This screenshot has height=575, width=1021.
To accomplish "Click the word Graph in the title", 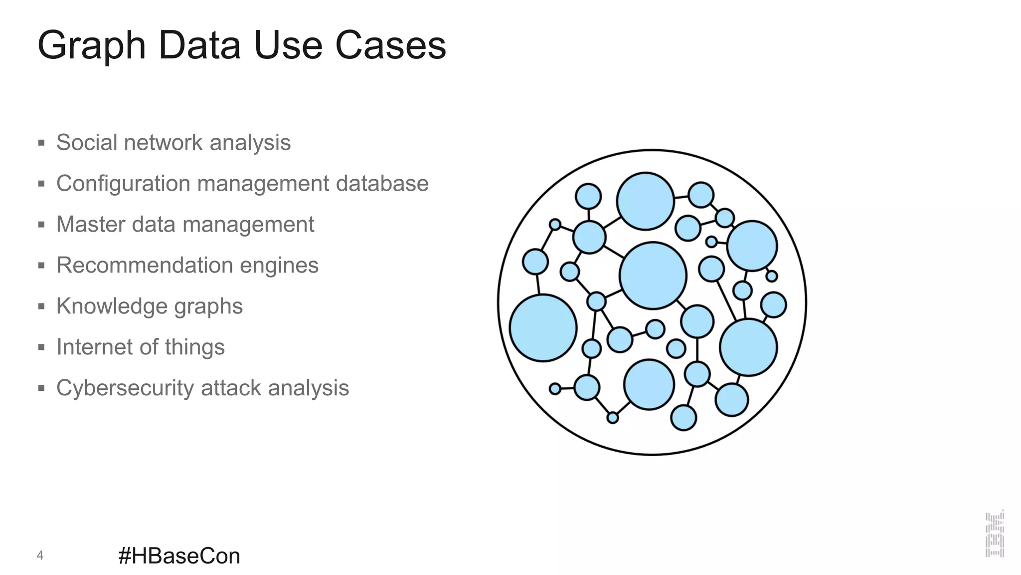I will (91, 46).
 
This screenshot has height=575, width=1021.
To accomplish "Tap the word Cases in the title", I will (390, 45).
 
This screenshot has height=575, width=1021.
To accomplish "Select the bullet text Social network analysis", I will (173, 143).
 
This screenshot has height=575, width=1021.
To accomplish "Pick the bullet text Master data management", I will (185, 225).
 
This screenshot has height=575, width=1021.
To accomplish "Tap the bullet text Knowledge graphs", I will (149, 306).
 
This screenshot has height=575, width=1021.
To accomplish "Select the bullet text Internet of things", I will (140, 347).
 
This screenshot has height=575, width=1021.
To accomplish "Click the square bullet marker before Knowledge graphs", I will (41, 306).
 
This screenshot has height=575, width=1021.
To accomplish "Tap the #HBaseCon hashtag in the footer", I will (179, 556).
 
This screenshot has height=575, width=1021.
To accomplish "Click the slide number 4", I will (40, 555).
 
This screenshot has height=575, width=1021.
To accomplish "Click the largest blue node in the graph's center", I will (653, 276).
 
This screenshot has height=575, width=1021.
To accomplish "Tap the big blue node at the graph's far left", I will (543, 328).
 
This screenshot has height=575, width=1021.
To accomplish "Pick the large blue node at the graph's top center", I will (645, 201).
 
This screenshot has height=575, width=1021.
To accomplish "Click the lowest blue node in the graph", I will (683, 418).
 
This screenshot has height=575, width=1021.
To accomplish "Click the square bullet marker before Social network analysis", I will (41, 143).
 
